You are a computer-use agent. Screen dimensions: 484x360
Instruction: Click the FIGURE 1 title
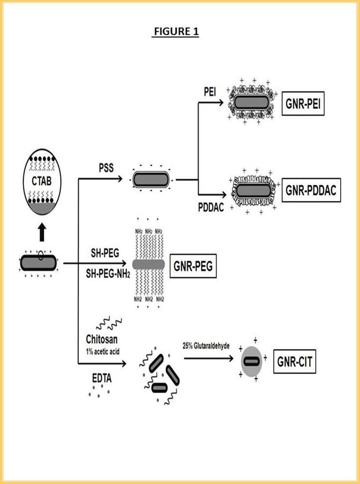coord(176,32)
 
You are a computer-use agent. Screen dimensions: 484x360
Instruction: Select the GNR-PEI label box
coord(303,104)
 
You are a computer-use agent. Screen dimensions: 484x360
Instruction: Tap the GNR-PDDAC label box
coord(311,191)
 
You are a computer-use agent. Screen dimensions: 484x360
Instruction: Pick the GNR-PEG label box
coord(193,266)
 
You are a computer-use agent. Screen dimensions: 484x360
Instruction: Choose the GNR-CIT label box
coord(294,362)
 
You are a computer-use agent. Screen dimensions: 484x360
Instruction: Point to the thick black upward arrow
coord(42,232)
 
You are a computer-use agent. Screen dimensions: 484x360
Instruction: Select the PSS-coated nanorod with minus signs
coord(151,179)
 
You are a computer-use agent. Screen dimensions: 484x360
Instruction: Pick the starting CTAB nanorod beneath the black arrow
coord(38,262)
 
